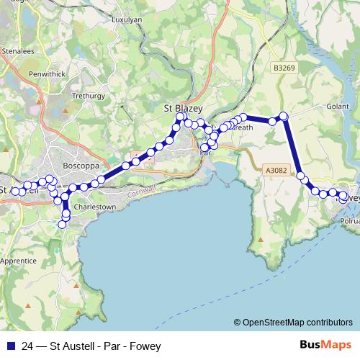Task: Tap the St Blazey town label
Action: (x=184, y=108)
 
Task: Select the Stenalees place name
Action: (x=18, y=51)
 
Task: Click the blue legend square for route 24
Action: (x=9, y=345)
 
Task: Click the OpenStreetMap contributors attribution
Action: (x=297, y=323)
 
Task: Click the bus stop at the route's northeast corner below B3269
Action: (x=284, y=116)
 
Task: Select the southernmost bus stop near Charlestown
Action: (x=62, y=225)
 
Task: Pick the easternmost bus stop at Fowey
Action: (x=344, y=197)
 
